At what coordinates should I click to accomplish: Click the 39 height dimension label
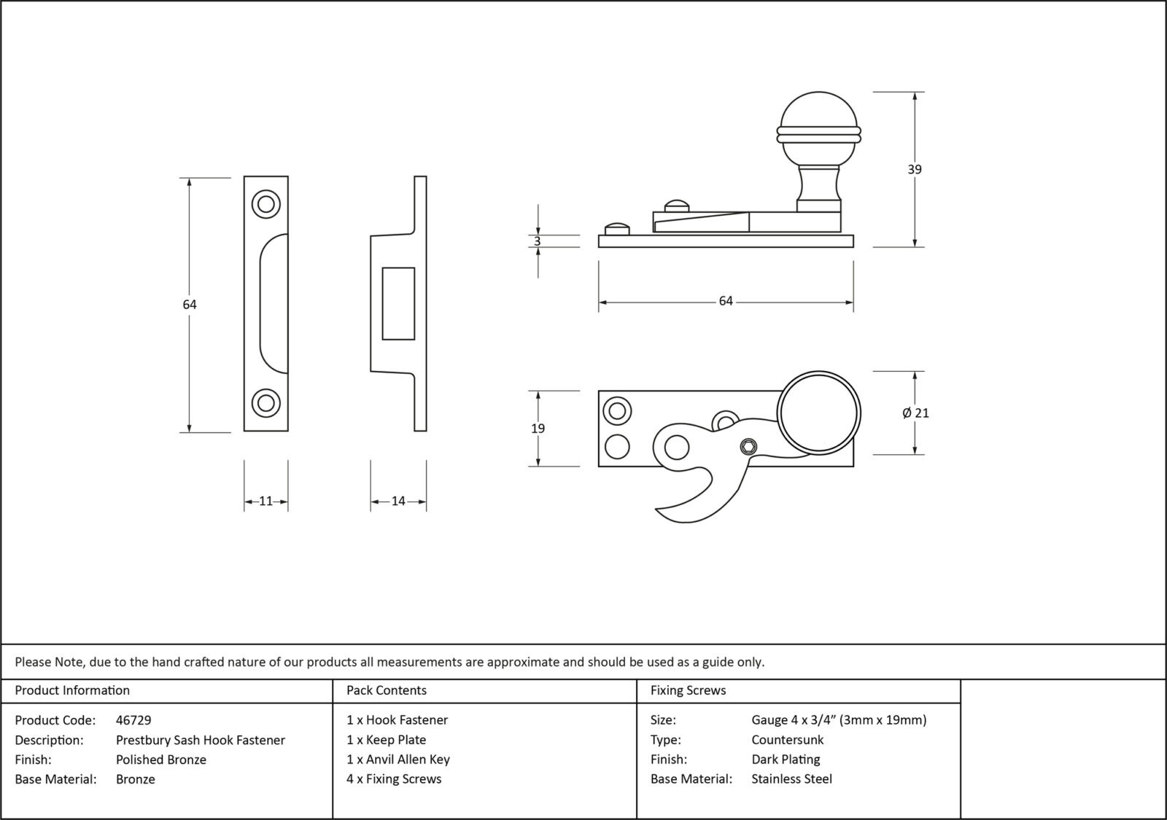[x=914, y=169]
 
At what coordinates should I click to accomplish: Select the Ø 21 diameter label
[x=916, y=413]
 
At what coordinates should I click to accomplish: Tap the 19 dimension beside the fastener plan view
[x=538, y=429]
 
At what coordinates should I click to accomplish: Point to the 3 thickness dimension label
[x=538, y=241]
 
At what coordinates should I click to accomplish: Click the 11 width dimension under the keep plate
[x=265, y=501]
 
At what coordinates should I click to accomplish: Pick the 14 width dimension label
[x=398, y=501]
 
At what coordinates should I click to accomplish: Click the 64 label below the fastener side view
[x=725, y=301]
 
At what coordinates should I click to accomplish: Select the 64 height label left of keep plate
[x=190, y=305]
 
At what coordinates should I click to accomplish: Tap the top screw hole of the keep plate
[x=265, y=204]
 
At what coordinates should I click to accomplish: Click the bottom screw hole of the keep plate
[x=265, y=403]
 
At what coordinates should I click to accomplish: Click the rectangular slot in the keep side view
[x=398, y=303]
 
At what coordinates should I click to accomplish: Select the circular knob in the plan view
[x=818, y=413]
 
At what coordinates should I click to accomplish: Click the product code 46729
[x=133, y=720]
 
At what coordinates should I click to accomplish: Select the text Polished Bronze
[x=160, y=760]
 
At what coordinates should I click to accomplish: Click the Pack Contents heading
[x=387, y=690]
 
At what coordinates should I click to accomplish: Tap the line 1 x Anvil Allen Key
[x=398, y=760]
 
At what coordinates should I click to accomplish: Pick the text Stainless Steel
[x=791, y=779]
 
